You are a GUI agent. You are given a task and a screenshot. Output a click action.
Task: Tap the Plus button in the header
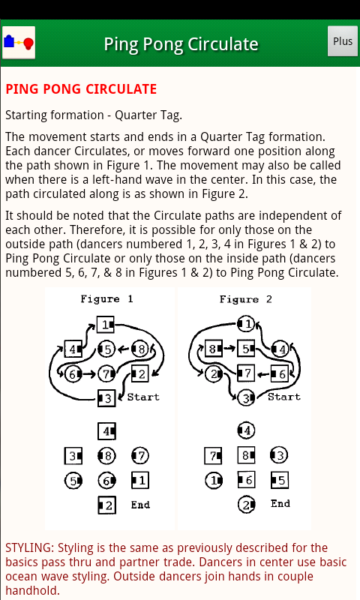(343, 41)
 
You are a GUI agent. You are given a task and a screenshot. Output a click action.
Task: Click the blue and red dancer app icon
(19, 43)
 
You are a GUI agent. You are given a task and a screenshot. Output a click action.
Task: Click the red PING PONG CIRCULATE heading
(81, 89)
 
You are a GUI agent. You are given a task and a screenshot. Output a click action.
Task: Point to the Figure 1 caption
(106, 298)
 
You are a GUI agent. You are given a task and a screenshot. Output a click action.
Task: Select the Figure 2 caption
(245, 299)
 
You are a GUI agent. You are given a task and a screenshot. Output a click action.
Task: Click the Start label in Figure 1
(143, 397)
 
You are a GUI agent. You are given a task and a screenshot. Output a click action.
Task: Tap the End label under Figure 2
(280, 503)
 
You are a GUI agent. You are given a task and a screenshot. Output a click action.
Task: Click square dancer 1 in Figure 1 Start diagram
(106, 325)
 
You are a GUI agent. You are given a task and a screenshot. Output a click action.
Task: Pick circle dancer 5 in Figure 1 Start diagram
(106, 349)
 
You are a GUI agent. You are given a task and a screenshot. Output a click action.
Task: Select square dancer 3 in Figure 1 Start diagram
(106, 398)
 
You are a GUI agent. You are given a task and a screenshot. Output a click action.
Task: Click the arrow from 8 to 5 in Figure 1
(124, 349)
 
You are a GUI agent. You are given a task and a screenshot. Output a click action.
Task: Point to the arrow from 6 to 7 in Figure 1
(88, 373)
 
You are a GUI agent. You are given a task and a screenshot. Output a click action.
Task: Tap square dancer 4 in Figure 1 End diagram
(106, 431)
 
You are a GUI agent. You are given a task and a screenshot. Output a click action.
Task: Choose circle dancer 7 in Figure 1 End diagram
(140, 455)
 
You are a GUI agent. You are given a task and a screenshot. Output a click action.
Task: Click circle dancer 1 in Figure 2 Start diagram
(246, 324)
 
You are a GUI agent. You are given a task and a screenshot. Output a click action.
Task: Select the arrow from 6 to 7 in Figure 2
(263, 373)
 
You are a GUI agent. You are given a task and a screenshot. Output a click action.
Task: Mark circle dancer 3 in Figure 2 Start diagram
(246, 398)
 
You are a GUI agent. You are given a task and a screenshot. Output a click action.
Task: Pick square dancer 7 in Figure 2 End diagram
(214, 455)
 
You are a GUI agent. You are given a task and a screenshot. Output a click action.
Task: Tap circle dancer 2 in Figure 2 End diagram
(247, 505)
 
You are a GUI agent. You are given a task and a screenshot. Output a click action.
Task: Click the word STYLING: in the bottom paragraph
(30, 548)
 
